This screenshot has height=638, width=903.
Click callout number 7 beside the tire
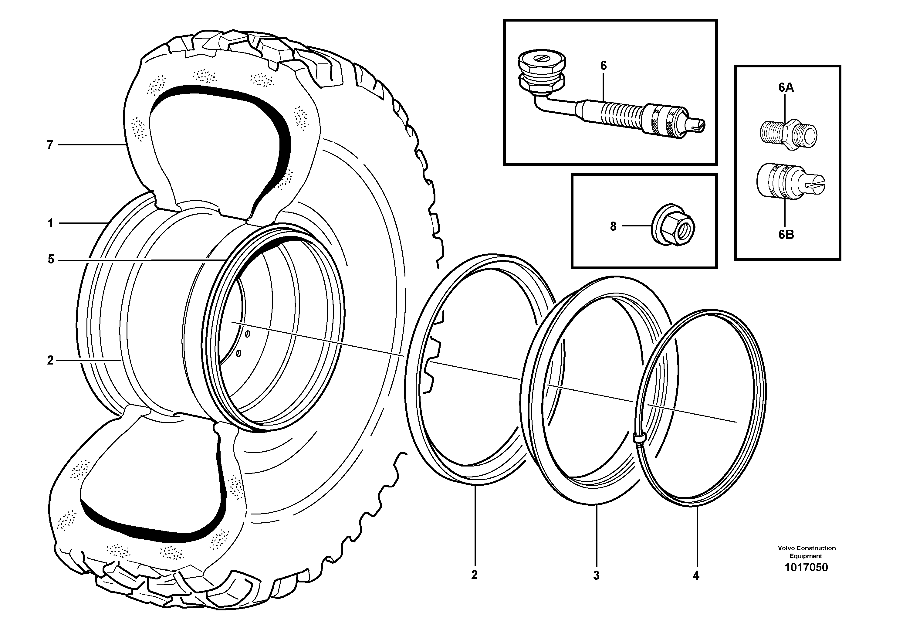50,145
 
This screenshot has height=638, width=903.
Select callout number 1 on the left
50,223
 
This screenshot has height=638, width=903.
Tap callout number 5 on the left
51,260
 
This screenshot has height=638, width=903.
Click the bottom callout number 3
596,575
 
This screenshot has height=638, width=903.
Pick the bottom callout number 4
696,576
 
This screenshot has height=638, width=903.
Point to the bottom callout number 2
474,575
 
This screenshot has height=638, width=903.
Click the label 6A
786,88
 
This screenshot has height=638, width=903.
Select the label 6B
786,235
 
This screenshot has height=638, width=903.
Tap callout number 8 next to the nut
613,226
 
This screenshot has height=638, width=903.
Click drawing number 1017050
806,567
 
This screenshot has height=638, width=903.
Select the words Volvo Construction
806,548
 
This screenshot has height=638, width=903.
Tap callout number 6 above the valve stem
603,66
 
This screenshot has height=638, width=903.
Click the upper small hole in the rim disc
248,334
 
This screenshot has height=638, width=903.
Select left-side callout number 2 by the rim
50,360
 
